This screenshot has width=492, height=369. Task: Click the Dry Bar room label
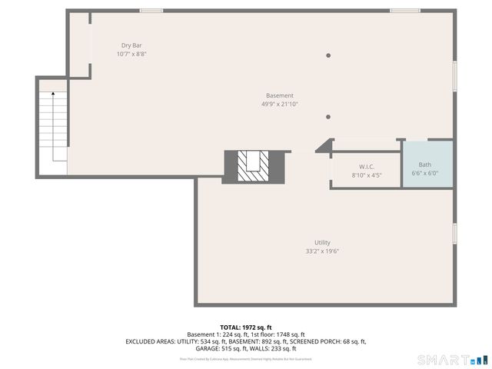(131, 46)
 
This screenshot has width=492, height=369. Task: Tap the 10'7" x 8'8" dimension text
(131, 55)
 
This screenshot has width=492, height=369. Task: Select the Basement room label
(279, 96)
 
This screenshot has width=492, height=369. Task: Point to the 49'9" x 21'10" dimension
(279, 105)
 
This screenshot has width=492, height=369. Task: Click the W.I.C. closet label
(366, 167)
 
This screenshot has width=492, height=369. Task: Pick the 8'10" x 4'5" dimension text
(366, 175)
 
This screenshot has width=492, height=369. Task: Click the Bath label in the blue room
(424, 165)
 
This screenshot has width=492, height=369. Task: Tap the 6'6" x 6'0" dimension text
(424, 173)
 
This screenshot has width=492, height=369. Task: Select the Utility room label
(322, 242)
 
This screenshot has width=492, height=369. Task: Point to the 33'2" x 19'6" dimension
(322, 251)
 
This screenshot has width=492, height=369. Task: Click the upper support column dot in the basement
(328, 55)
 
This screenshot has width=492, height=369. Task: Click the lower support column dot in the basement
(328, 117)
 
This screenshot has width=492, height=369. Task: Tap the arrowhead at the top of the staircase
(52, 93)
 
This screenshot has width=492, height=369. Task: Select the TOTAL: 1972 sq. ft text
(246, 327)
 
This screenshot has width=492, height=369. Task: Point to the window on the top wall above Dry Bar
(151, 11)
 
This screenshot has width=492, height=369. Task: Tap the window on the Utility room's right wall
(454, 233)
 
